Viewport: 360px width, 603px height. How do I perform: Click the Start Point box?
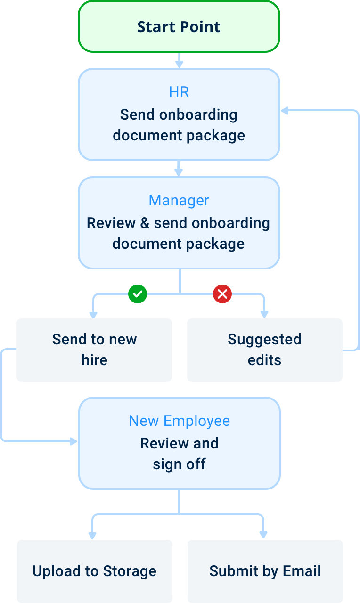(179, 27)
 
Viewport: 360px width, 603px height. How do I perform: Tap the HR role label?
(179, 92)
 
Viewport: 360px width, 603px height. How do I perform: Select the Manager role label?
(179, 200)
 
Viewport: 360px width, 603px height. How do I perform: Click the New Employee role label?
(179, 421)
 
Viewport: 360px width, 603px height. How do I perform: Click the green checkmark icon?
(138, 294)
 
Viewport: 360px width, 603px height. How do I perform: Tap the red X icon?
(222, 294)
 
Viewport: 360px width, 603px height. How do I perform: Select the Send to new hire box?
(94, 350)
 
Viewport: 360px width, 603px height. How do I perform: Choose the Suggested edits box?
(264, 350)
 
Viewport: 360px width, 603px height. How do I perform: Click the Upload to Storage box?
(94, 571)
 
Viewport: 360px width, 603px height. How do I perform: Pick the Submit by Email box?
(265, 571)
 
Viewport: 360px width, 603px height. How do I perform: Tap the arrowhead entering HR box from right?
(285, 111)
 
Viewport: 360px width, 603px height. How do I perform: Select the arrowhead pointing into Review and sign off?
(74, 441)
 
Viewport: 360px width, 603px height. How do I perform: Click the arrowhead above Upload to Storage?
(93, 535)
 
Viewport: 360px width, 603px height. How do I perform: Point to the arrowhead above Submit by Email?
(263, 535)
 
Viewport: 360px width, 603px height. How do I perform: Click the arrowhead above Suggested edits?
(264, 314)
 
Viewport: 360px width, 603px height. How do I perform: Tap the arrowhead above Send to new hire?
(93, 314)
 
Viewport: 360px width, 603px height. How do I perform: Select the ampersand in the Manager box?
(145, 223)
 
